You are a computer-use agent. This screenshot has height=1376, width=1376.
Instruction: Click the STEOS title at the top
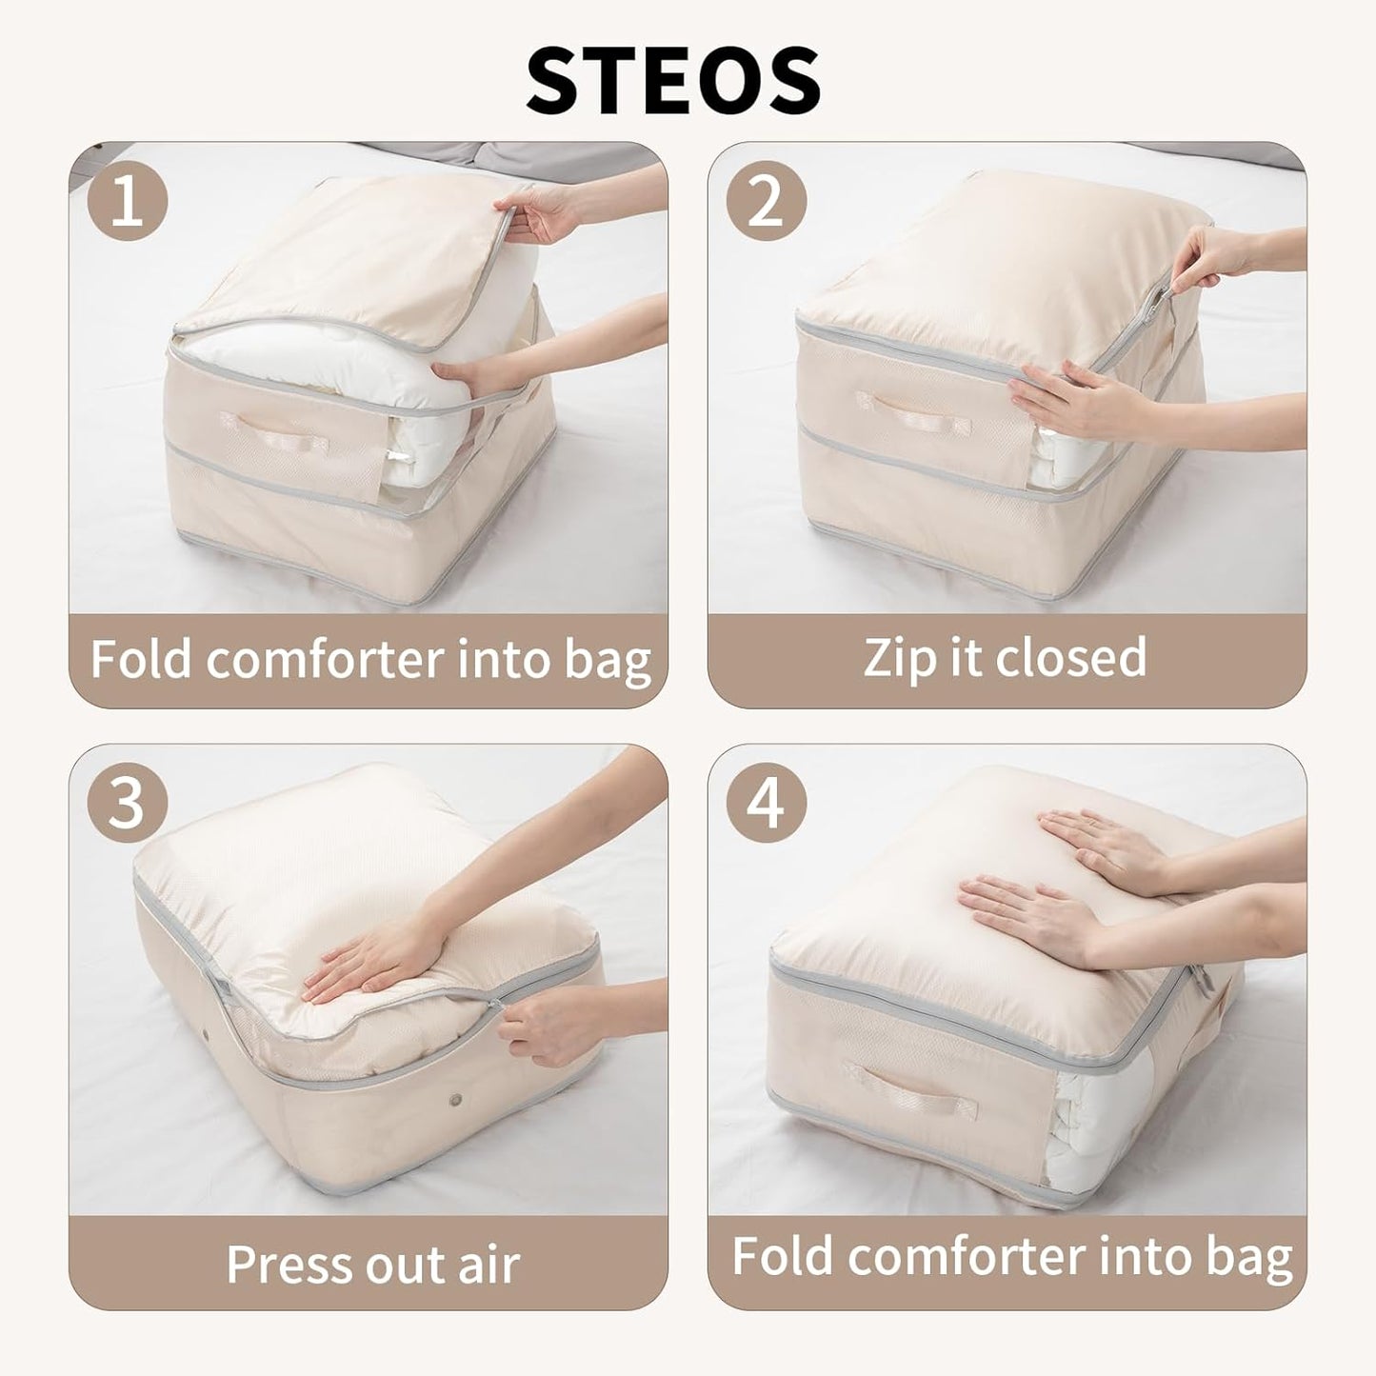click(x=673, y=80)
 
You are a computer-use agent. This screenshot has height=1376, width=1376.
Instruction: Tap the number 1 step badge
click(x=127, y=200)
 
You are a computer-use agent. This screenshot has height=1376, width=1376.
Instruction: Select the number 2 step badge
click(x=767, y=200)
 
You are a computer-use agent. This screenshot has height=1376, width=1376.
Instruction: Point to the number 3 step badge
click(x=127, y=802)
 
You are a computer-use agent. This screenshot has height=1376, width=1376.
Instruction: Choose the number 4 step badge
click(x=767, y=802)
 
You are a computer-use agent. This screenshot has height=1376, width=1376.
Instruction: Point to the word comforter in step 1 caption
click(x=325, y=659)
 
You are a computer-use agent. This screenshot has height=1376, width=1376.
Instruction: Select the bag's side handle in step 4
click(x=910, y=1092)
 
